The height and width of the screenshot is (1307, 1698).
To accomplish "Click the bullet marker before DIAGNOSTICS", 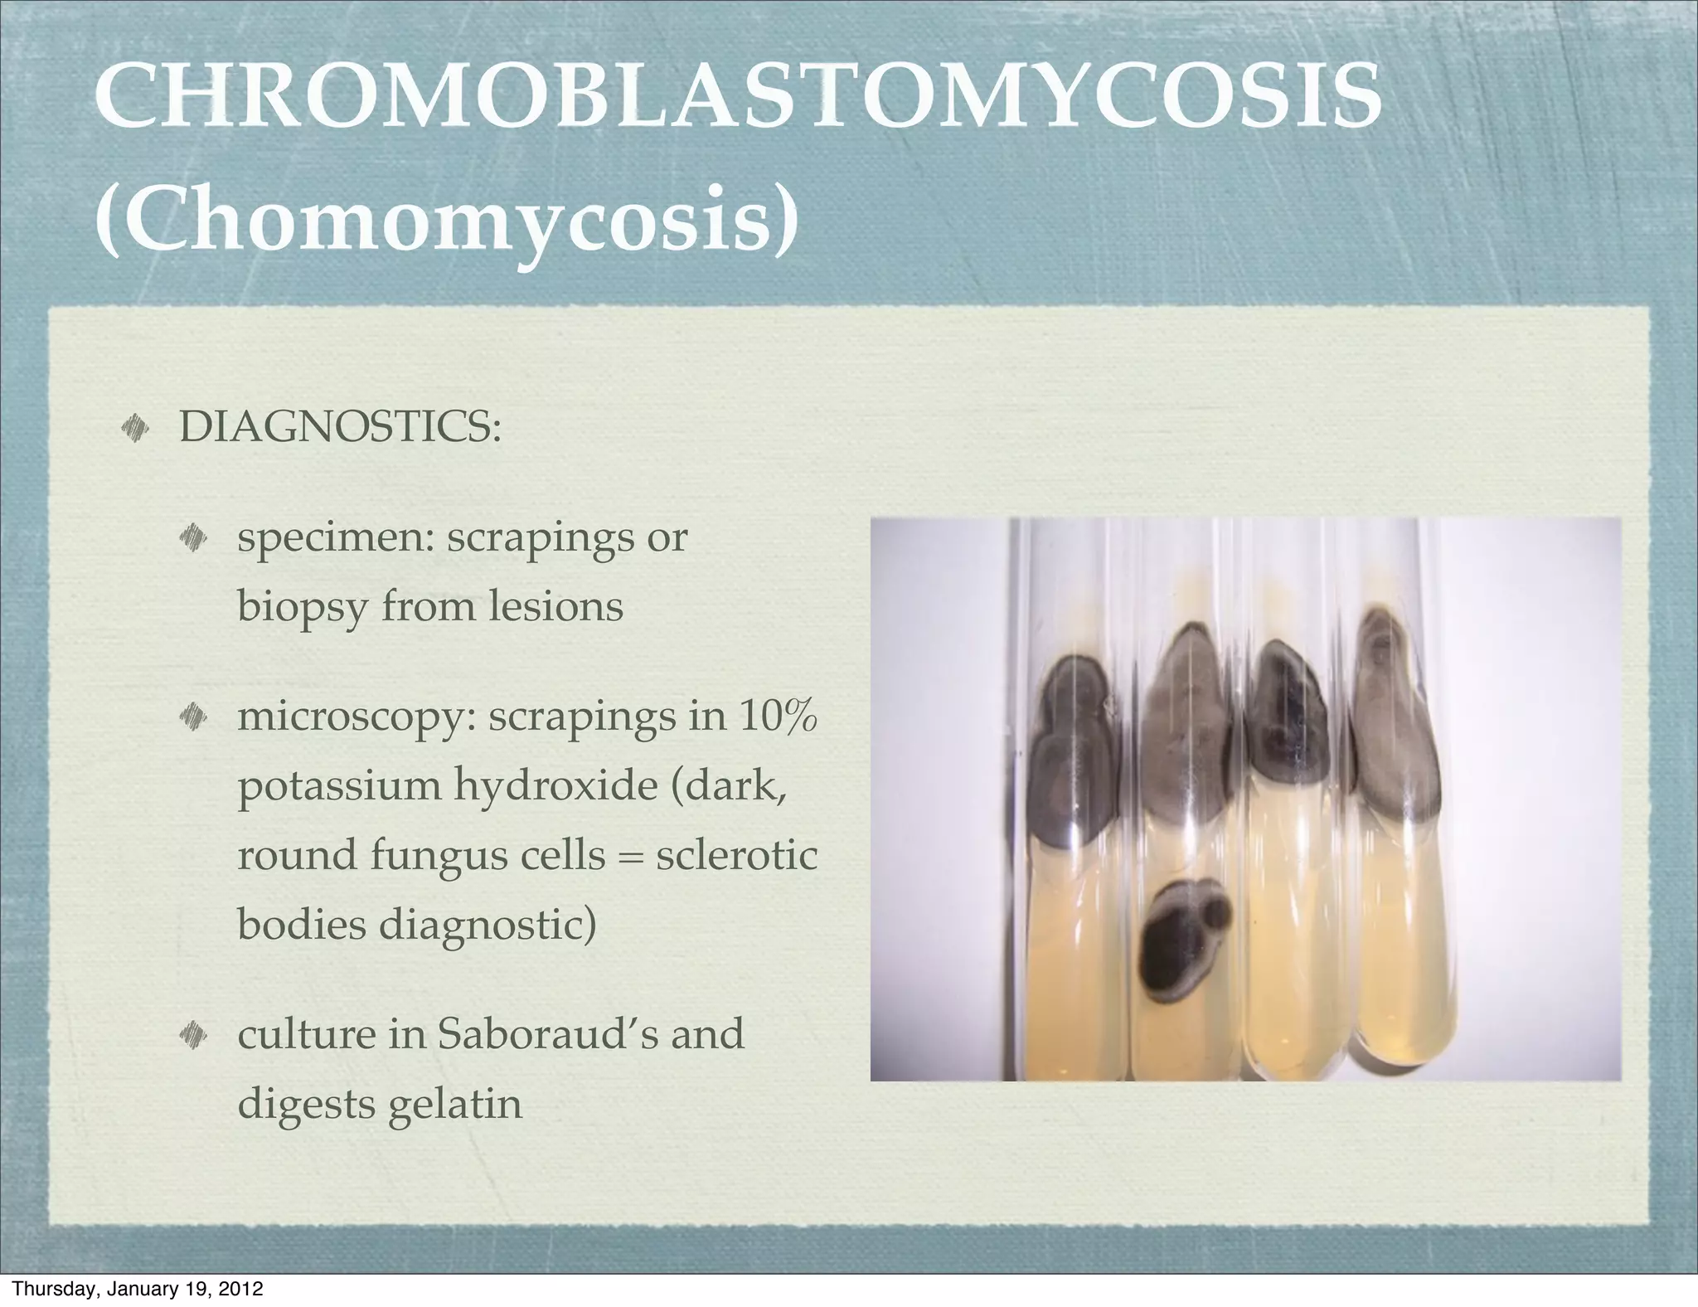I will (133, 428).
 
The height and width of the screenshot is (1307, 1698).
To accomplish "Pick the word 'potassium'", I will (339, 785).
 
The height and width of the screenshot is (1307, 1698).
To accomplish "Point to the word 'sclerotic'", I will (736, 854).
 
